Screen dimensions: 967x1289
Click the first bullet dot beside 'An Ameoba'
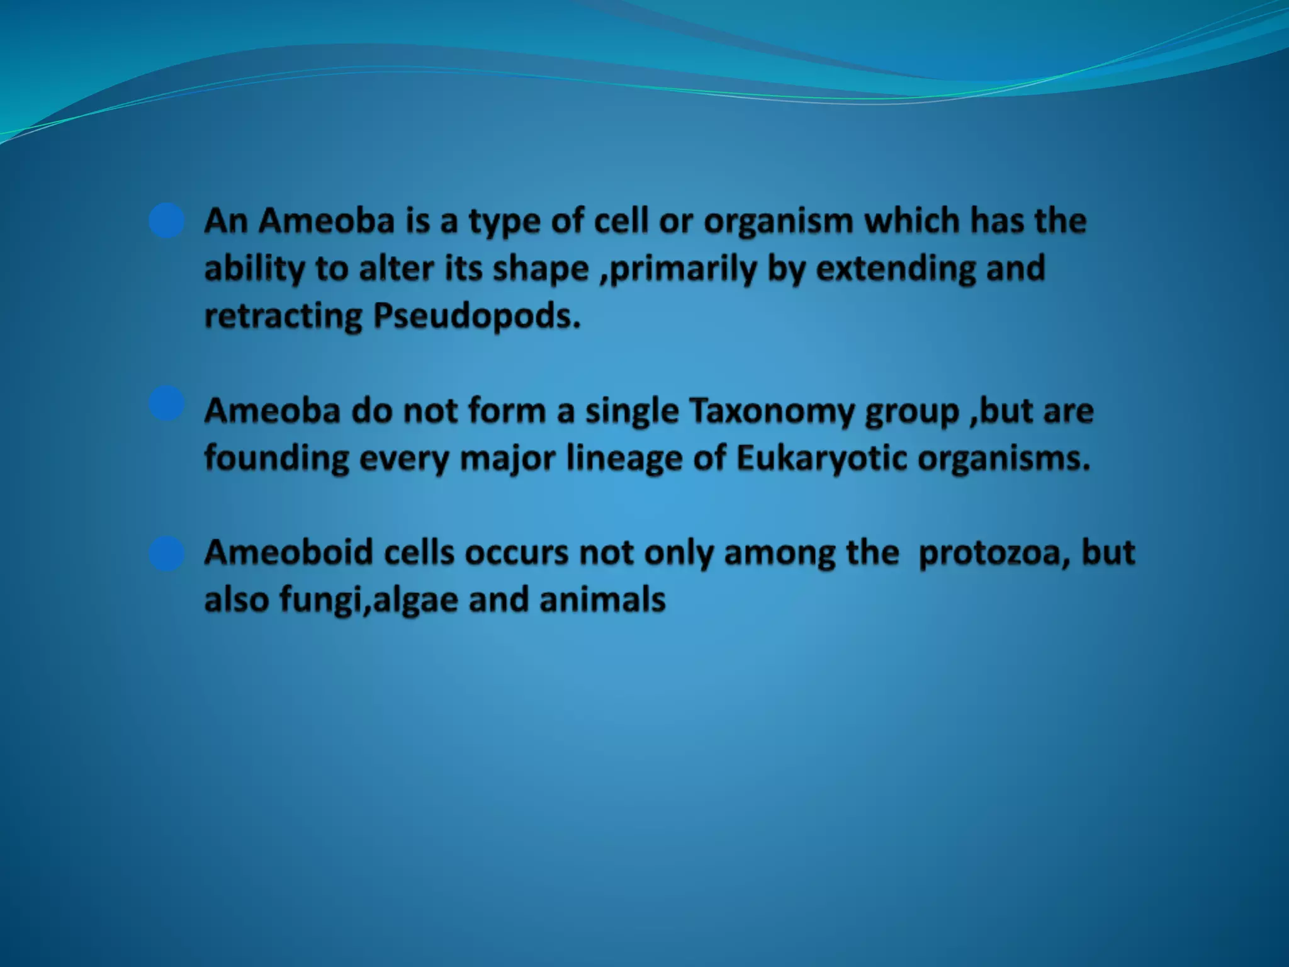click(167, 221)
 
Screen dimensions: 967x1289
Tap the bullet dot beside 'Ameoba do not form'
click(167, 404)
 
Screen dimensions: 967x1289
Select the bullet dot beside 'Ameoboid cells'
click(167, 553)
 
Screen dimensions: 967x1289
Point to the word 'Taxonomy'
click(772, 411)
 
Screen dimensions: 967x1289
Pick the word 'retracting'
click(283, 316)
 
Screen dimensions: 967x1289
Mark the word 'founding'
click(276, 458)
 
